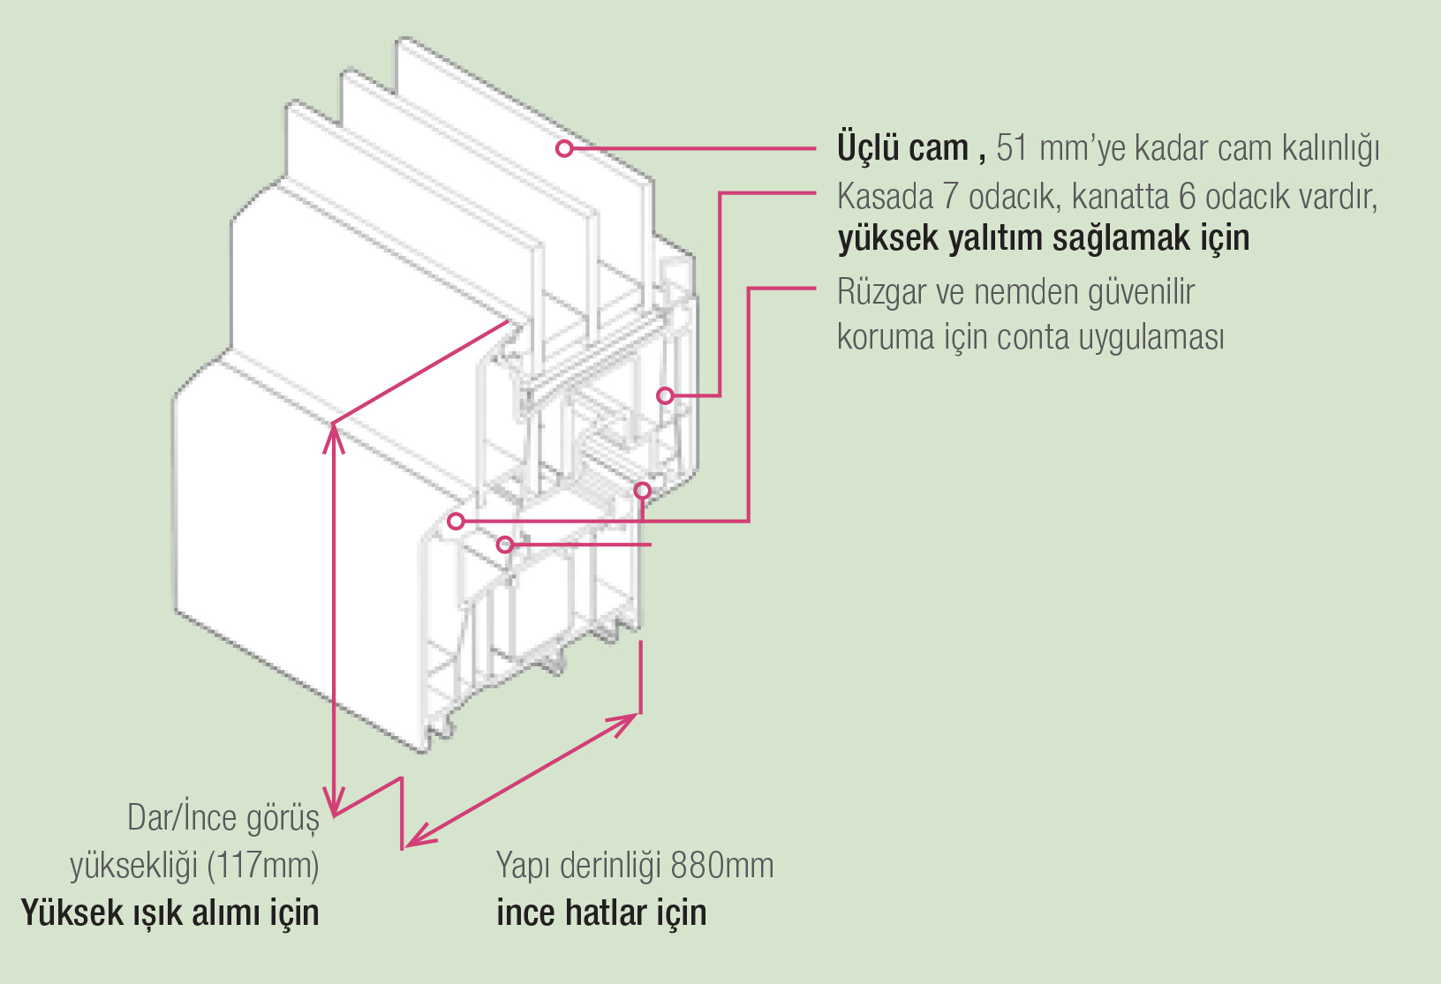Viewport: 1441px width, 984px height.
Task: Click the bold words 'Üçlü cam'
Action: tap(902, 148)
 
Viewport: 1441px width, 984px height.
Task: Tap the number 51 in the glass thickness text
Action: tap(1012, 148)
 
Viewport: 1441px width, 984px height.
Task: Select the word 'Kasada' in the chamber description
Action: tap(884, 196)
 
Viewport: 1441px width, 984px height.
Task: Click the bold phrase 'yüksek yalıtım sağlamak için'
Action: tap(1043, 238)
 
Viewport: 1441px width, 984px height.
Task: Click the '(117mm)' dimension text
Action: tap(263, 865)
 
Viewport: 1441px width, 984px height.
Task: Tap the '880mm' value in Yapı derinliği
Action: tap(722, 866)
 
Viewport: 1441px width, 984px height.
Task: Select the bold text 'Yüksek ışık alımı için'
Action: tap(170, 913)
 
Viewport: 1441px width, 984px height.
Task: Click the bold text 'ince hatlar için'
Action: tap(601, 913)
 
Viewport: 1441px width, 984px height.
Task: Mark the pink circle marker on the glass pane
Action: tap(564, 148)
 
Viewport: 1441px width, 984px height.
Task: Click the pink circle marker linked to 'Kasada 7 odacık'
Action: tap(665, 395)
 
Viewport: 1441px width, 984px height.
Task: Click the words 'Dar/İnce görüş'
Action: tap(223, 818)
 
